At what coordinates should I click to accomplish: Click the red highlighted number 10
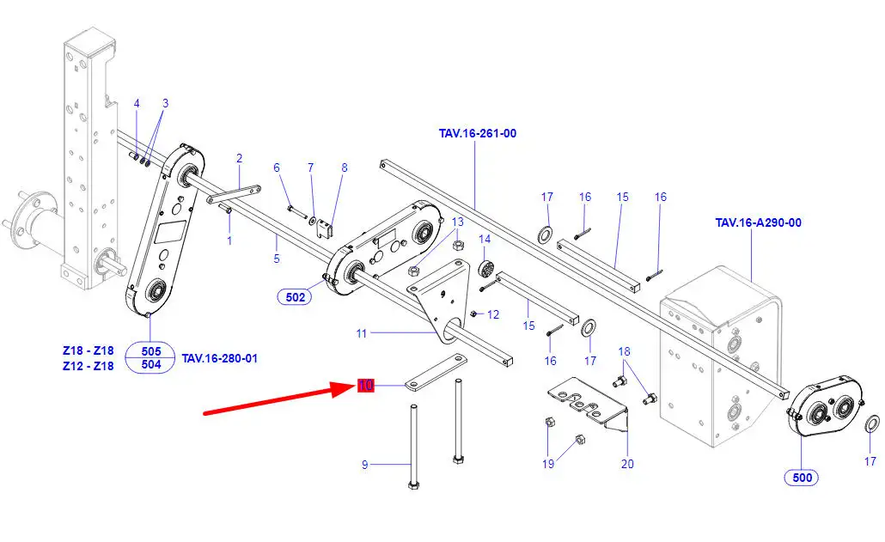click(x=366, y=386)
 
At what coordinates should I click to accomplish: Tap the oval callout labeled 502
click(x=295, y=297)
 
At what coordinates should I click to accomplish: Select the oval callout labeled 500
click(x=800, y=478)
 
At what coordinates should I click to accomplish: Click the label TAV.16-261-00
click(x=478, y=133)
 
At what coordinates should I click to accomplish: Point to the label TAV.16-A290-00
click(x=758, y=222)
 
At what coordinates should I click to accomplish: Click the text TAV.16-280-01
click(x=219, y=357)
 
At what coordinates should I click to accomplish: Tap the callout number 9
click(x=364, y=465)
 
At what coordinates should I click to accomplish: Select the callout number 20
click(x=627, y=465)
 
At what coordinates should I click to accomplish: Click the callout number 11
click(x=362, y=332)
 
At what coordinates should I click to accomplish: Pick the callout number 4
click(x=136, y=104)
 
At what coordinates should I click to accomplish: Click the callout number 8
click(x=345, y=167)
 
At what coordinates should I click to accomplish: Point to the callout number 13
click(x=458, y=222)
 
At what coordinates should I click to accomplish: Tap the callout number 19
click(x=548, y=465)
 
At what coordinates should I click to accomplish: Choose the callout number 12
click(x=493, y=314)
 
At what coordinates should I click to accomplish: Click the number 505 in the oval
click(x=150, y=350)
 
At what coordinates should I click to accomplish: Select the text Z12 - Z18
click(x=88, y=366)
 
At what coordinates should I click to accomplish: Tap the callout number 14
click(x=485, y=239)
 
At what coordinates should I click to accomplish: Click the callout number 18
click(x=625, y=350)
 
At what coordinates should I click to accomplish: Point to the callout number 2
click(x=239, y=158)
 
